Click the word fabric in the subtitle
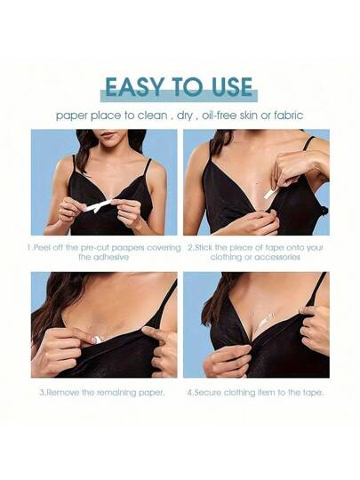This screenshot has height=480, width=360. [x=288, y=116]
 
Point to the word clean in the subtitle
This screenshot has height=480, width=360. [x=153, y=116]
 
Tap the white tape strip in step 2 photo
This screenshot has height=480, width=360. [x=270, y=194]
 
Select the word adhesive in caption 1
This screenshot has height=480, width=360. [x=103, y=257]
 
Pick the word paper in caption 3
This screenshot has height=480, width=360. [x=151, y=393]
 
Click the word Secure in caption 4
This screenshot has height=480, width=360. [x=209, y=393]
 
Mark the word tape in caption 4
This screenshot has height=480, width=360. [x=312, y=393]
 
